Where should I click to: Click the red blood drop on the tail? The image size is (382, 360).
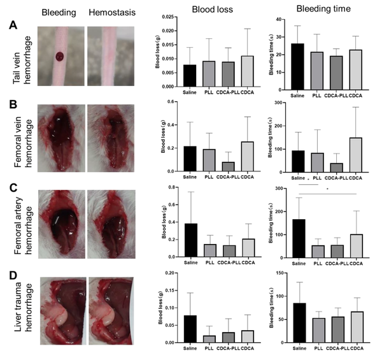pos(60,57)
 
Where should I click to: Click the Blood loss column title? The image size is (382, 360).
pos(203,10)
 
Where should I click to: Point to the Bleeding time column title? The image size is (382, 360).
pos(319,10)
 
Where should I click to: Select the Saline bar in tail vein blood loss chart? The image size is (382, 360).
pos(172,75)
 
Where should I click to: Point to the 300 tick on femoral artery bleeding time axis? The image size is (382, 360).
pos(279,188)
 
